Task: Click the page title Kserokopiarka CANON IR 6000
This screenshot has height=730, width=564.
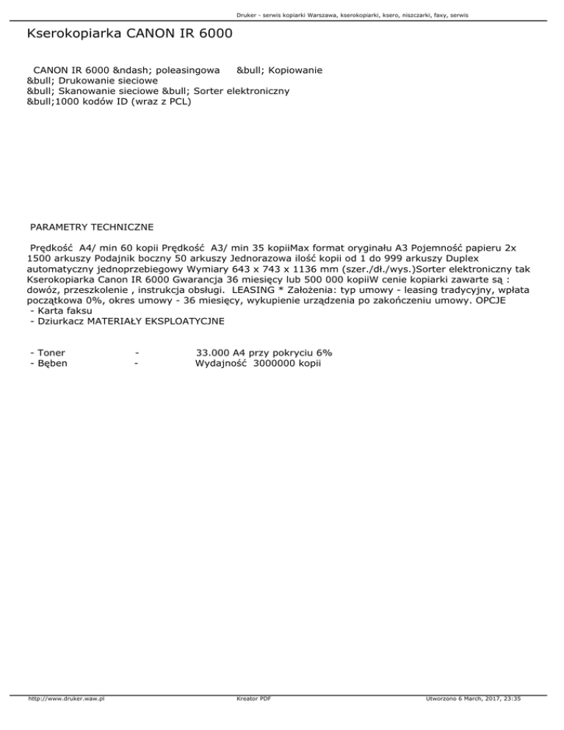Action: pyautogui.click(x=129, y=35)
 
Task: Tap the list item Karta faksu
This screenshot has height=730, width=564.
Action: pyautogui.click(x=65, y=311)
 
